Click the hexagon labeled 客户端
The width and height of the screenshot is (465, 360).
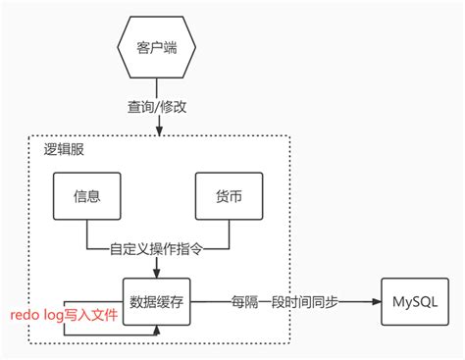(x=159, y=48)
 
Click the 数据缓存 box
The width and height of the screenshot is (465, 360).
(x=158, y=301)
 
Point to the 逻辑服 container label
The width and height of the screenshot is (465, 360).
(x=66, y=150)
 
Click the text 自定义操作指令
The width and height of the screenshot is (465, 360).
(x=159, y=249)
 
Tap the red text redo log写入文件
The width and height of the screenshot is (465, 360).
(x=64, y=315)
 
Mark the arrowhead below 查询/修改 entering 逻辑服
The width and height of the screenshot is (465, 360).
(x=159, y=129)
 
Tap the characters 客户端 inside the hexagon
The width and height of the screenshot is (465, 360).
(x=159, y=48)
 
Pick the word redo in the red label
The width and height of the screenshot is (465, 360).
(x=26, y=315)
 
